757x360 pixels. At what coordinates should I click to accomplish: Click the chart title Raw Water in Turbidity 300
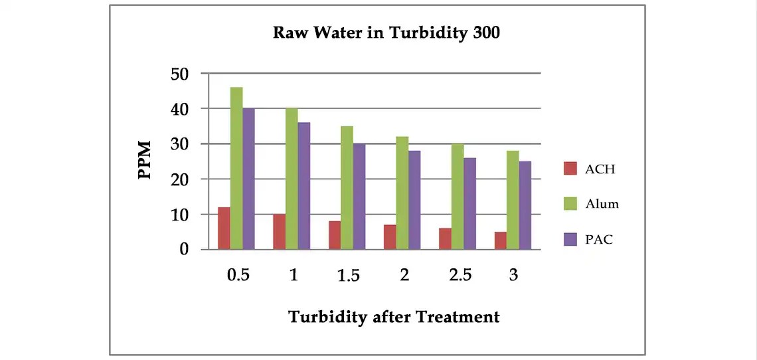coord(386,33)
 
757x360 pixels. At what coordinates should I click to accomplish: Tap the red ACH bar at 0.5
coord(224,228)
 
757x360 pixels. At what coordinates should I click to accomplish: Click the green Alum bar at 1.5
coord(347,188)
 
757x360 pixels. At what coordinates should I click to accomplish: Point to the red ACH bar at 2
coord(390,237)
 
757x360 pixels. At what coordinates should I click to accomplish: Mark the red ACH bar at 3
coord(501,240)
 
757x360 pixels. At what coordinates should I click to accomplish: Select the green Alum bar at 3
coord(513,200)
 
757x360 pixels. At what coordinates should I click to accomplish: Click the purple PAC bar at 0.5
coord(248,179)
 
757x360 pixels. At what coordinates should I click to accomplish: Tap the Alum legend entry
coord(591,204)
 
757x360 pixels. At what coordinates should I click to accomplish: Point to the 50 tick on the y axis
coord(180,73)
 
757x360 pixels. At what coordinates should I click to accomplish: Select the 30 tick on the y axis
coord(180,143)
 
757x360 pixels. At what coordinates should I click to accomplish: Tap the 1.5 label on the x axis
coord(348,276)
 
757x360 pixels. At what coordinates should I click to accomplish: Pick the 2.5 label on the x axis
coord(459,276)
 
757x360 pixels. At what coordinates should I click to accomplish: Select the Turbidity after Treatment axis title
coord(394,317)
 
